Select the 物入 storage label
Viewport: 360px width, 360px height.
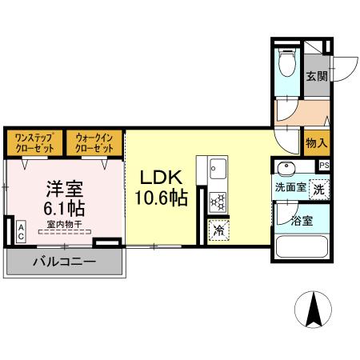point(316,143)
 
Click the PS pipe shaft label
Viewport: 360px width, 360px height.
point(324,165)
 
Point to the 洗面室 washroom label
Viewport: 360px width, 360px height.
point(290,188)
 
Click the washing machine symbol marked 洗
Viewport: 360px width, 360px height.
point(318,190)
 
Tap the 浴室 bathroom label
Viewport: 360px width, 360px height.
point(301,218)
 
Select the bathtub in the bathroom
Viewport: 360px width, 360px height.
point(301,246)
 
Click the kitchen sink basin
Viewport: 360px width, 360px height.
point(218,169)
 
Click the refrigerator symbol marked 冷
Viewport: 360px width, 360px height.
point(218,231)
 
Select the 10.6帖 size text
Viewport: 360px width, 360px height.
point(162,198)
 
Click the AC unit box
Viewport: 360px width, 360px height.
point(21,232)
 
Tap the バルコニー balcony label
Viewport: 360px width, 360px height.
point(64,261)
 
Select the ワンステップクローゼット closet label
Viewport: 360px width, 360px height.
point(32,143)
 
